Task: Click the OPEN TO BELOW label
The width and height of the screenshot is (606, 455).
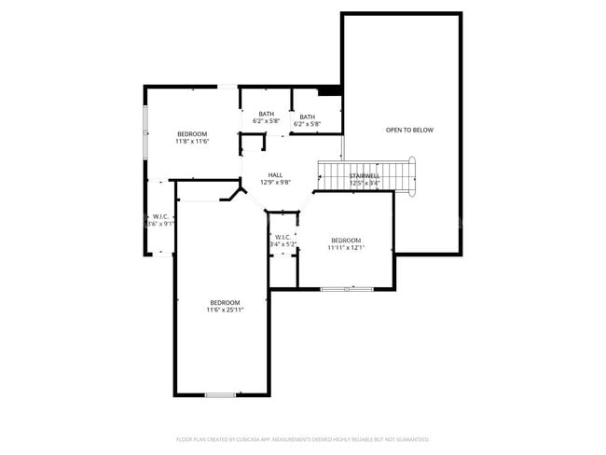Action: pyautogui.click(x=409, y=130)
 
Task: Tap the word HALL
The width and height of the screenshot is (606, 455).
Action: pyautogui.click(x=275, y=174)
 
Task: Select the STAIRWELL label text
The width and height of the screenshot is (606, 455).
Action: pyautogui.click(x=365, y=175)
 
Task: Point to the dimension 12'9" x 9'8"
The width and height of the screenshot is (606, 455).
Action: pyautogui.click(x=275, y=183)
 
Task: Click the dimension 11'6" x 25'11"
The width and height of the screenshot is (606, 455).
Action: pyautogui.click(x=225, y=310)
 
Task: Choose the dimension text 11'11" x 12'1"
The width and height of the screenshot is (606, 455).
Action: pyautogui.click(x=346, y=248)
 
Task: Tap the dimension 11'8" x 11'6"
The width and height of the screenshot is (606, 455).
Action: pyautogui.click(x=192, y=142)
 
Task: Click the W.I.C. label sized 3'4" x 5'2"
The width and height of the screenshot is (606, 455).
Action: pyautogui.click(x=282, y=237)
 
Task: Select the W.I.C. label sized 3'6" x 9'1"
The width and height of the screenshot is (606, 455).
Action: pyautogui.click(x=160, y=216)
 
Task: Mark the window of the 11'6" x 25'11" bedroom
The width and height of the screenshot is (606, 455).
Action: pyautogui.click(x=220, y=395)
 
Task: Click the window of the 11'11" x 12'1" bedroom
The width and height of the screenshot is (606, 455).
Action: pyautogui.click(x=347, y=289)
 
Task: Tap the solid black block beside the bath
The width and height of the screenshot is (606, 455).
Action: pyautogui.click(x=329, y=90)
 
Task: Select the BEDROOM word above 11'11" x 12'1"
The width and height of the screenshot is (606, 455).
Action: pyautogui.click(x=346, y=241)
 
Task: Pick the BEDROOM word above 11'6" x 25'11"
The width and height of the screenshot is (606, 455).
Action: pyautogui.click(x=225, y=302)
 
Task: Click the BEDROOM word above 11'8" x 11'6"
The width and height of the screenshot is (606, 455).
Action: pyautogui.click(x=192, y=134)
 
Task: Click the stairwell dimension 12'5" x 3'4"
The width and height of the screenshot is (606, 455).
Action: pyautogui.click(x=365, y=183)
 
